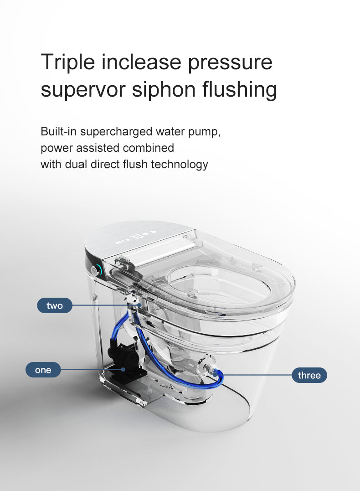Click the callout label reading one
click(43, 370)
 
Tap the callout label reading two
click(55, 305)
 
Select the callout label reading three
click(309, 375)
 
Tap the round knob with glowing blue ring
click(96, 271)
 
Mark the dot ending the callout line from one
click(123, 370)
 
